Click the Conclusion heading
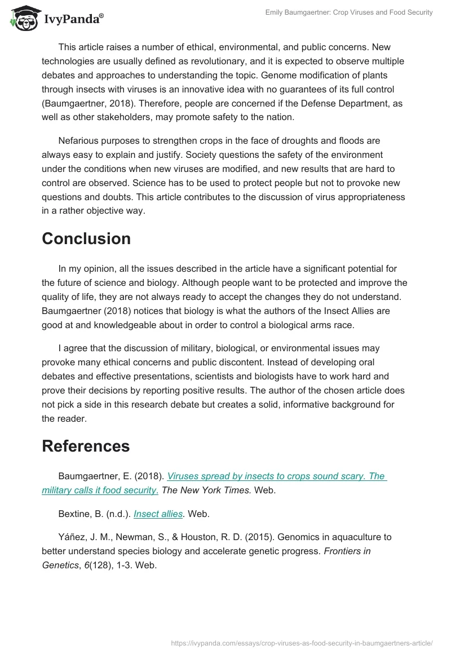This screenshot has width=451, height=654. (86, 238)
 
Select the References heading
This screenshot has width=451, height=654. (86, 446)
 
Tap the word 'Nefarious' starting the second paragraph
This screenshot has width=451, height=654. (78, 140)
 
